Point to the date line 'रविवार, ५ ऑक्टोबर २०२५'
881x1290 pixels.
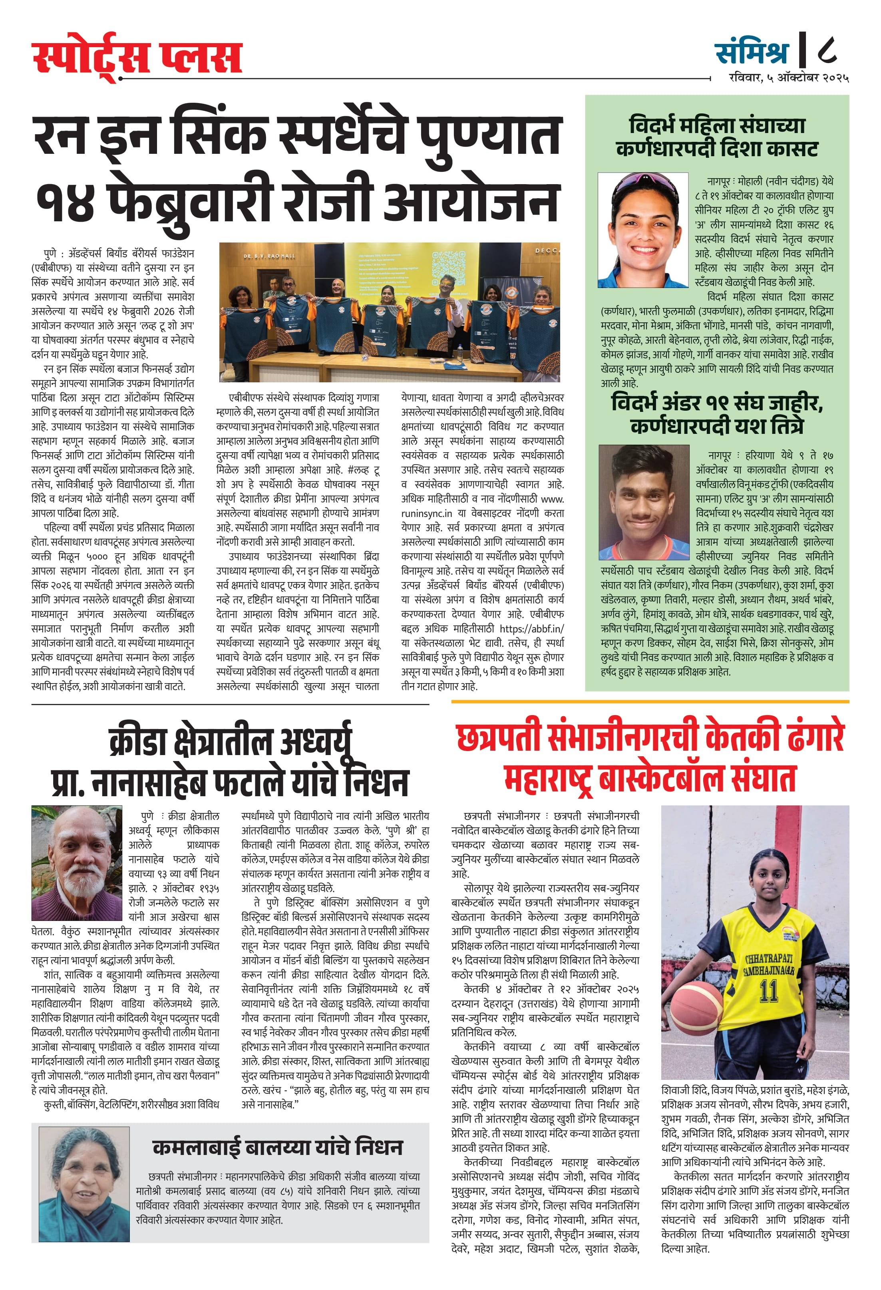789,78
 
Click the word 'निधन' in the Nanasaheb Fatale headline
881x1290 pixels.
376,782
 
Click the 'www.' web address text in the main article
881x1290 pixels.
552,499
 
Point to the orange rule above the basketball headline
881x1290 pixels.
650,702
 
